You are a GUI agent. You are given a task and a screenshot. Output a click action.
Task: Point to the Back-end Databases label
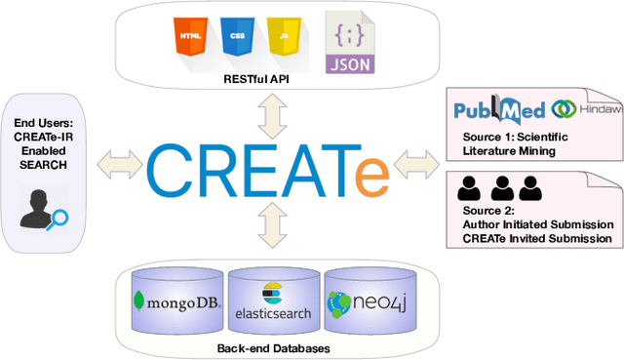coord(266,345)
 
